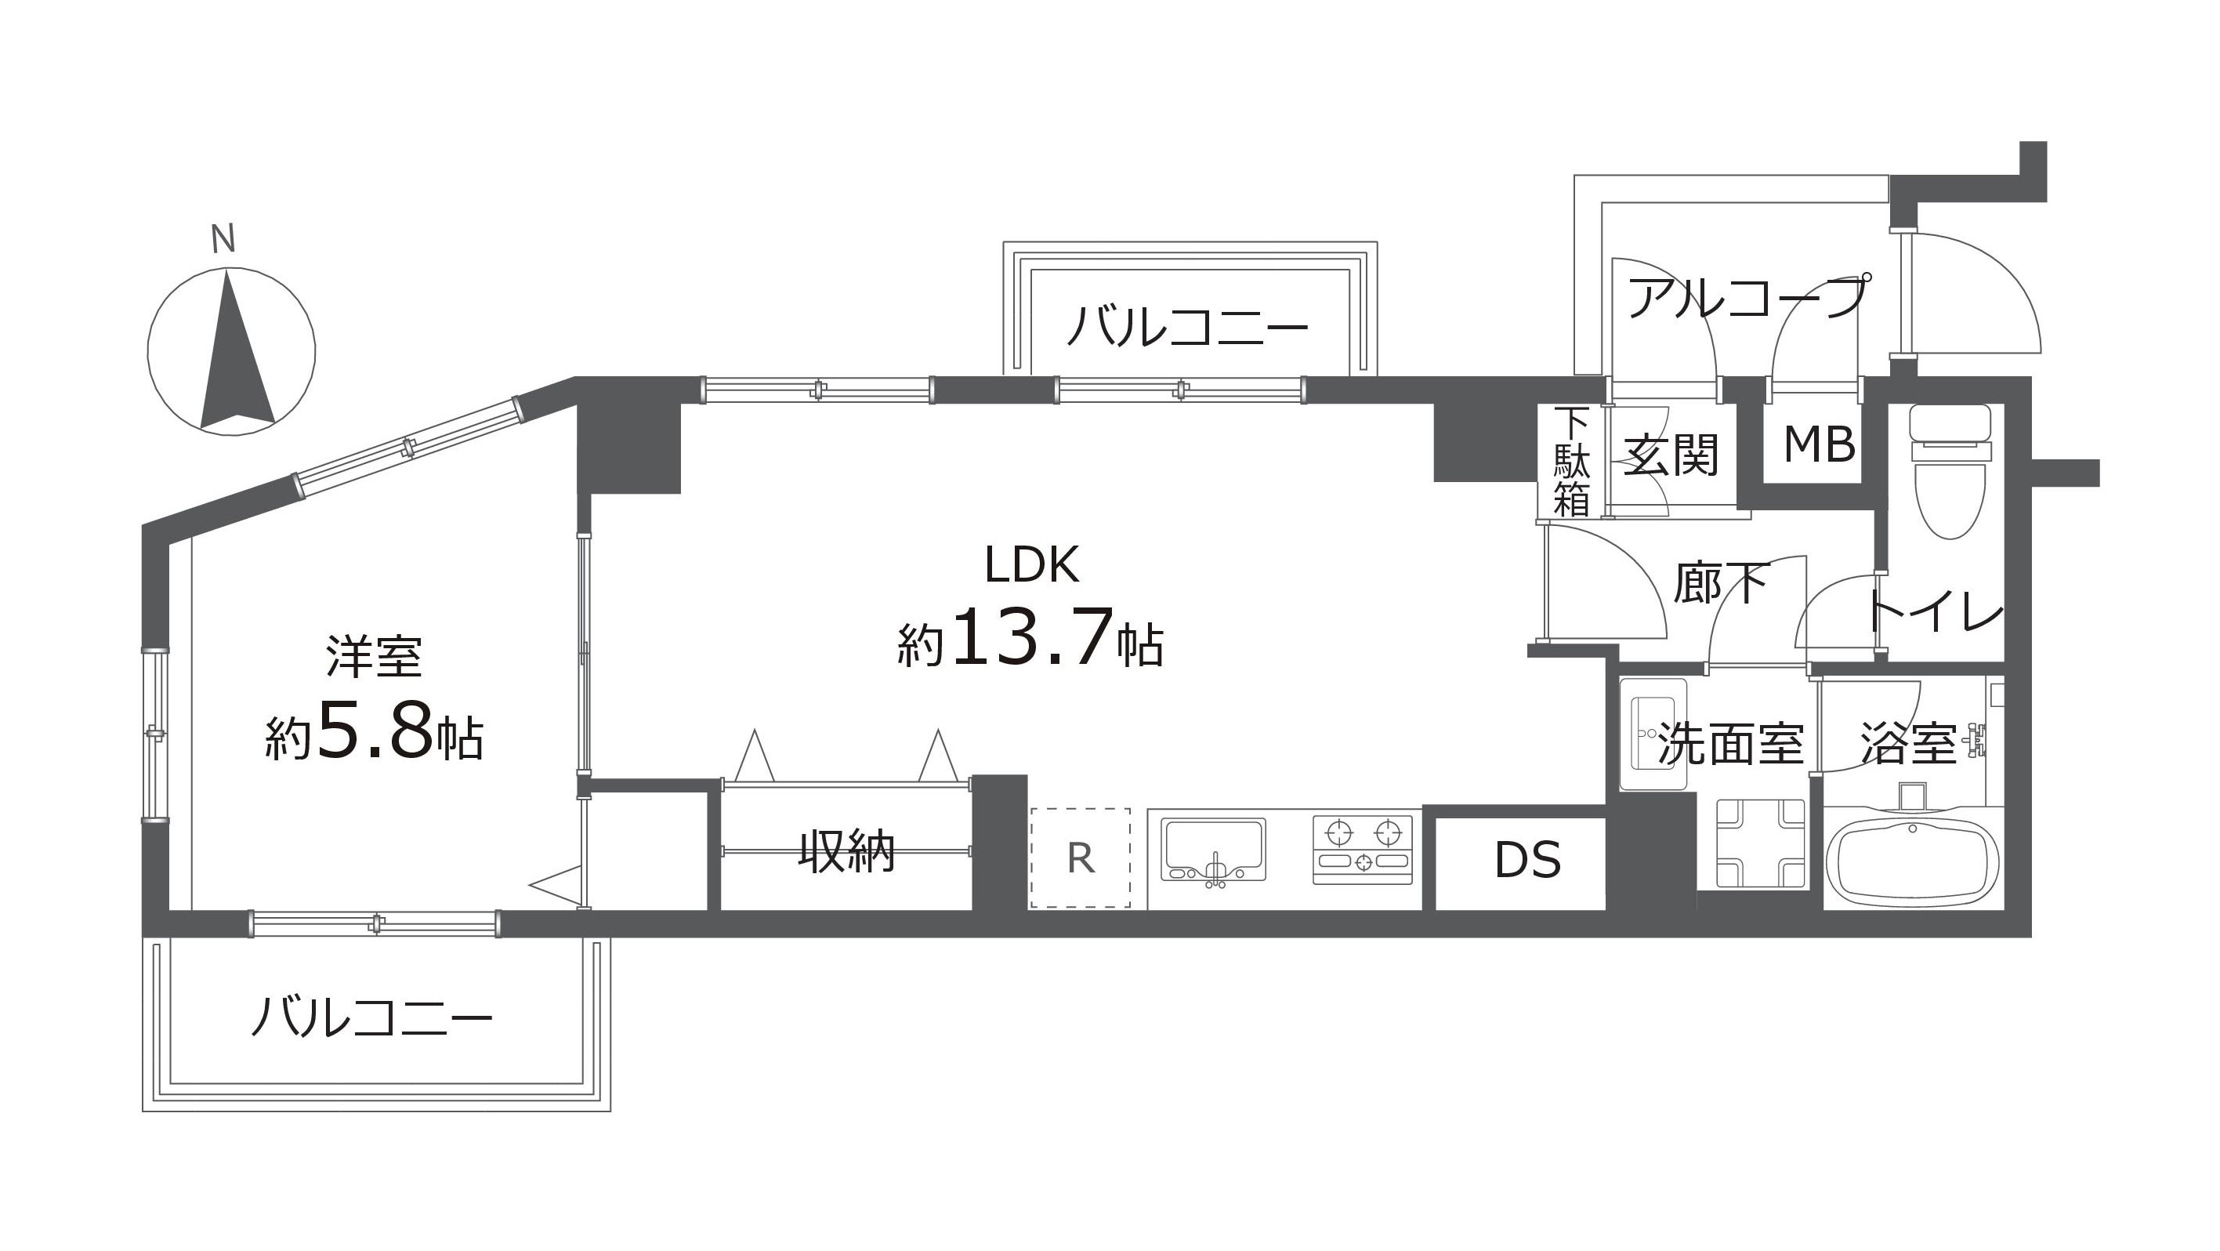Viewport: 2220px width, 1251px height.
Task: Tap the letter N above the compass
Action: [x=223, y=239]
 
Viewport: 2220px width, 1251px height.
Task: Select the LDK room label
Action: [x=1031, y=566]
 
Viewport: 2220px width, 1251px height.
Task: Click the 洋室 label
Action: [x=373, y=657]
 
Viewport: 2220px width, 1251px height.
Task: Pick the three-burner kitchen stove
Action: [x=1364, y=849]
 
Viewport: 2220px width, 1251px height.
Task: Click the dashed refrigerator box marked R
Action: [x=1080, y=858]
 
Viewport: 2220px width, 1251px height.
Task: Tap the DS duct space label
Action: [x=1528, y=860]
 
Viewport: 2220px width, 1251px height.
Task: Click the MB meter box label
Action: [x=1820, y=445]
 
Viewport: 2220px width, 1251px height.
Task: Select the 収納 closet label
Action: [x=846, y=851]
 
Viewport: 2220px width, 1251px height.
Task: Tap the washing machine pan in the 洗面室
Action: [x=1761, y=843]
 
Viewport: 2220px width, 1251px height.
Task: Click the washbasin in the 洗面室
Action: [x=1653, y=734]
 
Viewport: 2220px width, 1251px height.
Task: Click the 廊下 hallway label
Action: [x=1721, y=583]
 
